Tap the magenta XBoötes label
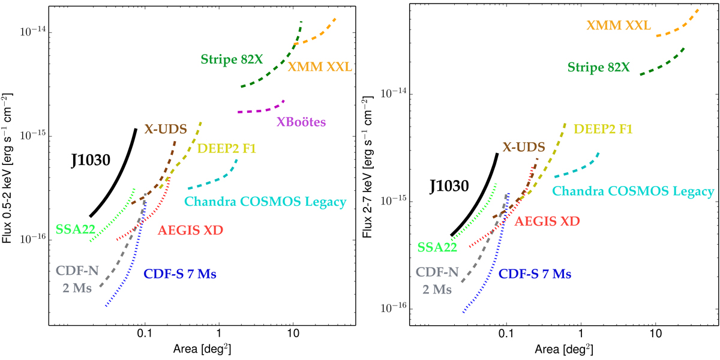coord(301,122)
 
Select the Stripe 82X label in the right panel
coord(599,68)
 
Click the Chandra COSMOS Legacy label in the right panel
coord(633,191)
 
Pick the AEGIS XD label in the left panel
coord(190,230)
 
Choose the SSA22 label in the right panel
coord(437,247)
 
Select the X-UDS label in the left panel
coord(166,130)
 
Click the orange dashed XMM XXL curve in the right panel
coord(678,28)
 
